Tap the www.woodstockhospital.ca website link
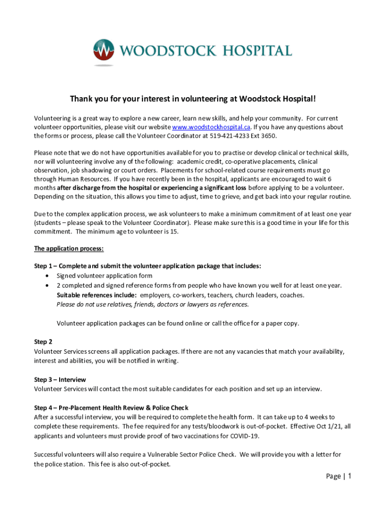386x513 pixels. pyautogui.click(x=211, y=127)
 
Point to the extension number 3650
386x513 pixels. pyautogui.click(x=268, y=136)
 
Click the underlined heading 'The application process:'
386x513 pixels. pyautogui.click(x=69, y=248)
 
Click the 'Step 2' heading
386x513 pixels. pyautogui.click(x=43, y=342)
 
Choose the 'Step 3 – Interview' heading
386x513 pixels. pyautogui.click(x=60, y=379)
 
